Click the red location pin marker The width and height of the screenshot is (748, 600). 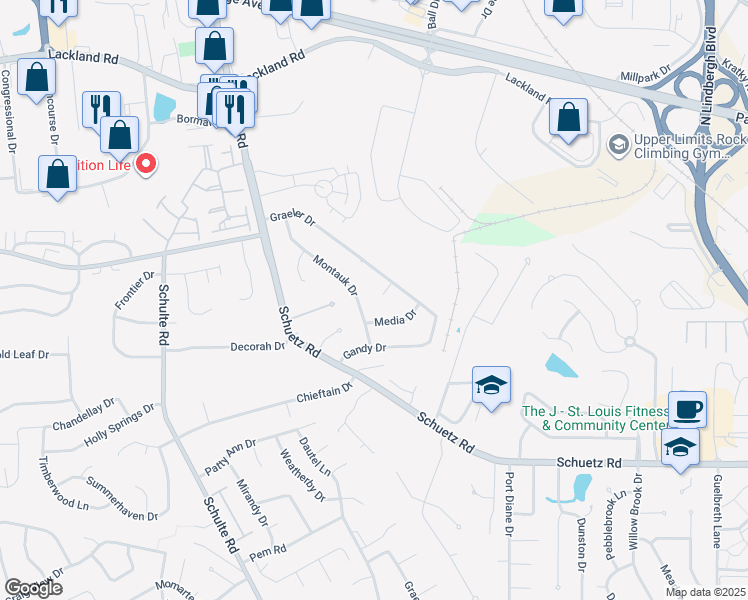point(146,164)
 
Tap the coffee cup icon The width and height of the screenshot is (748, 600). point(687,409)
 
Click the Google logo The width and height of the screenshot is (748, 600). point(33,587)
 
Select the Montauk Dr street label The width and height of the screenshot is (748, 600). point(336,275)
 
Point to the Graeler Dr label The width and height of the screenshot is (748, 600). point(292,218)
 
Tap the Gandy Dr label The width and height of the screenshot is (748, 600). point(364,350)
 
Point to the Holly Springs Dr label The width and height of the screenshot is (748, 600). point(120,424)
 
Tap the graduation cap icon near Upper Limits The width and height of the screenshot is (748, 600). point(619,146)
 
